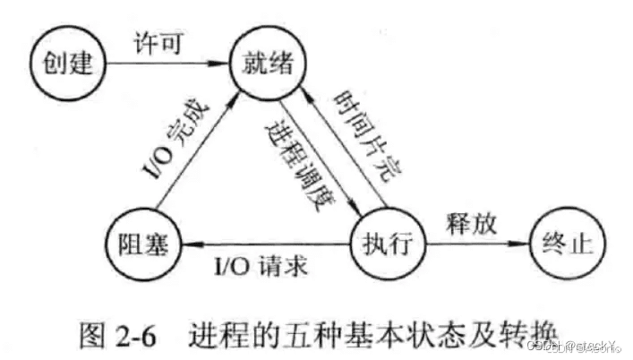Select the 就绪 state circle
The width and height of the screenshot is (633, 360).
coord(267,64)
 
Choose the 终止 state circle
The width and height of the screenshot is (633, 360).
coord(563,243)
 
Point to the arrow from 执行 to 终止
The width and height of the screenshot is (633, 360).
coord(475,243)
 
